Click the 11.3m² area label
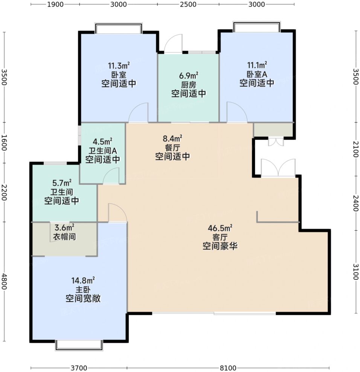(x=119, y=65)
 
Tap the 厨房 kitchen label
(x=189, y=85)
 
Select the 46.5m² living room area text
(x=220, y=228)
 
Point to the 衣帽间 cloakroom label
(x=64, y=237)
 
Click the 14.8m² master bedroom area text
(x=83, y=281)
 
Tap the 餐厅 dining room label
(x=172, y=147)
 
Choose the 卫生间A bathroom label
(x=103, y=151)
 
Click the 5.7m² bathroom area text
(x=62, y=183)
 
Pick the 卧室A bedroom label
(x=257, y=74)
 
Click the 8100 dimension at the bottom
(x=228, y=368)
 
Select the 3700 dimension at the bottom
(x=79, y=368)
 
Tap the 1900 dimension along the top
(x=55, y=5)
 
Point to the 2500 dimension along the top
(x=188, y=5)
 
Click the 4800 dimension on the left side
(x=4, y=281)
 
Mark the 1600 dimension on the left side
(x=4, y=143)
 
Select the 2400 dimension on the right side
(x=355, y=203)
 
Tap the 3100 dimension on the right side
(x=355, y=272)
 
